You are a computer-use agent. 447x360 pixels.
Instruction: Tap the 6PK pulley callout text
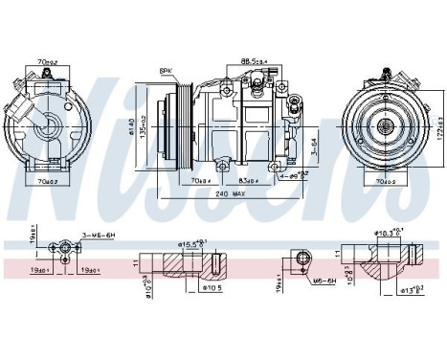click(x=166, y=72)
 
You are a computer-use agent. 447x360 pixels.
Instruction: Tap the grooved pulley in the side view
click(x=176, y=124)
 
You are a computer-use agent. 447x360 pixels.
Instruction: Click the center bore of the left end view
click(x=45, y=122)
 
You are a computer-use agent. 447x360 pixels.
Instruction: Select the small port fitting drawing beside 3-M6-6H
click(x=64, y=251)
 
